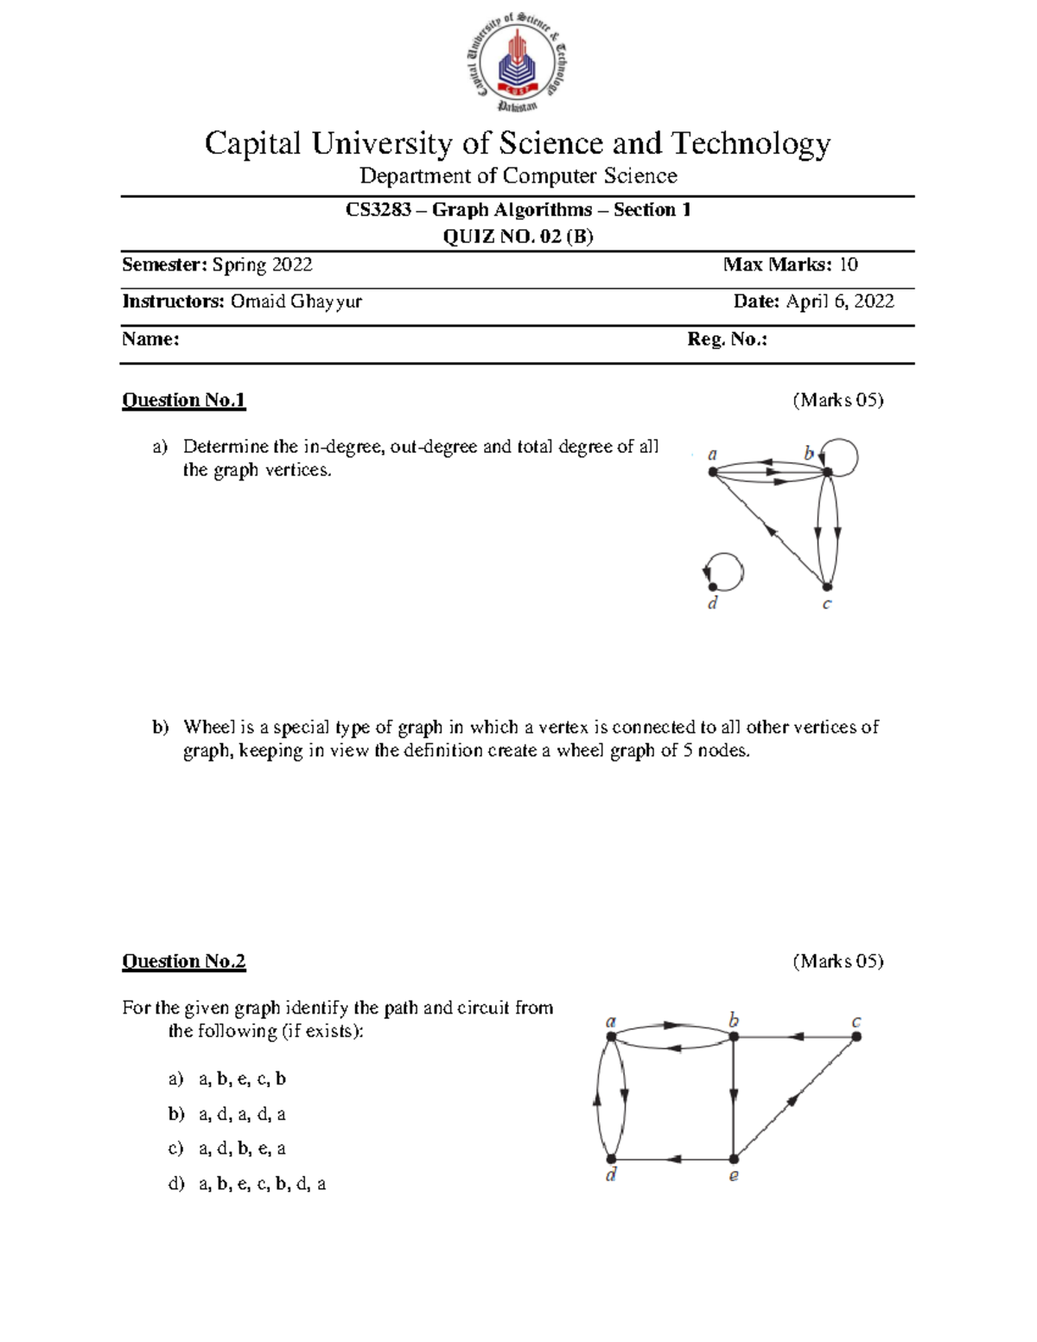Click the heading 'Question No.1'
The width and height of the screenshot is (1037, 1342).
click(183, 400)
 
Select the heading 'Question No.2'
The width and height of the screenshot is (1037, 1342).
click(183, 961)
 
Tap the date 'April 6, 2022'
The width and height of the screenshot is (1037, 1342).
click(839, 301)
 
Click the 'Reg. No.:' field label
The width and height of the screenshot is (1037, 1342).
click(727, 339)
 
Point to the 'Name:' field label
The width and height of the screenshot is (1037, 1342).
click(150, 339)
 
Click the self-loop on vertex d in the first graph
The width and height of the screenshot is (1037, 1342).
click(725, 571)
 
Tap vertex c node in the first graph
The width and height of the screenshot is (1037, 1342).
click(827, 587)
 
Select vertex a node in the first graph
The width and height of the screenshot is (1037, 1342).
click(713, 472)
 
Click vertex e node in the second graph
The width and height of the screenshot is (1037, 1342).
click(734, 1159)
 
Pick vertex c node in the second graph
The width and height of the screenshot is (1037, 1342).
click(856, 1036)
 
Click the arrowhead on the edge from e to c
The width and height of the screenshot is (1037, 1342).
click(792, 1100)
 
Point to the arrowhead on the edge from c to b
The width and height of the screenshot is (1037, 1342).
click(797, 1036)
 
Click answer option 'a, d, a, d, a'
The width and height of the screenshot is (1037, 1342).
click(242, 1114)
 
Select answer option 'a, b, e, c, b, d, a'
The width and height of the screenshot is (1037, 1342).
click(262, 1184)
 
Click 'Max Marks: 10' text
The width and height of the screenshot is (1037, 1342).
click(790, 264)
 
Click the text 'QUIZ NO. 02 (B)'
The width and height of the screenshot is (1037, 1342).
click(518, 236)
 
